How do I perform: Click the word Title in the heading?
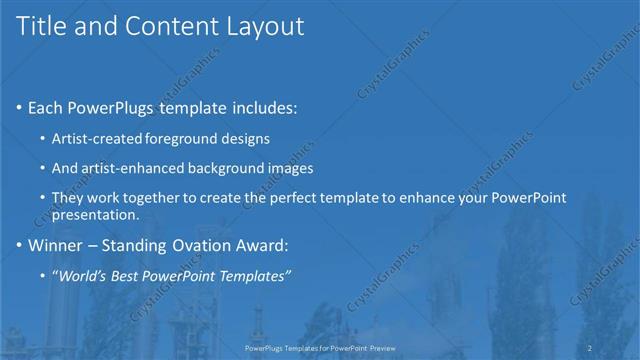click(41, 27)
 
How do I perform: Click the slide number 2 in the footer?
click(590, 347)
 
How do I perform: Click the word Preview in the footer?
click(379, 347)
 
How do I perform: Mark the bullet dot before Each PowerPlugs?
click(20, 108)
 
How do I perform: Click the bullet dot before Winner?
click(20, 244)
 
